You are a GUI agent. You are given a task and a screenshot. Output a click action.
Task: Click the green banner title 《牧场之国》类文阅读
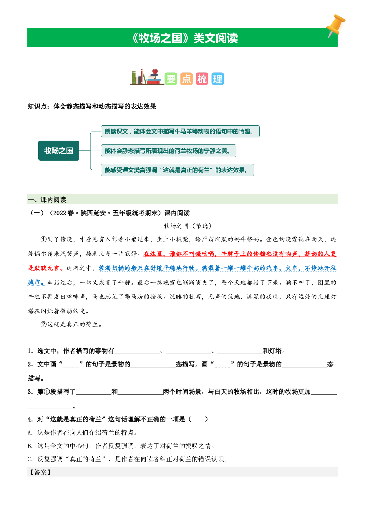click(185, 38)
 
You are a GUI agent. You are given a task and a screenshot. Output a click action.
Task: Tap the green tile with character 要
click(171, 79)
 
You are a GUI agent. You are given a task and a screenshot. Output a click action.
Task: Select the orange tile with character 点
click(186, 79)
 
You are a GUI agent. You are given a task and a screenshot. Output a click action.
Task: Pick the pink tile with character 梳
click(202, 79)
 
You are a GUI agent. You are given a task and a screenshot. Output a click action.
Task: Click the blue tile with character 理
click(218, 79)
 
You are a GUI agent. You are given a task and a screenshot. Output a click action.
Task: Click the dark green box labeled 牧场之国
click(59, 151)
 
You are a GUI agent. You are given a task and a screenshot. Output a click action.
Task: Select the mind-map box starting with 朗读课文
click(180, 132)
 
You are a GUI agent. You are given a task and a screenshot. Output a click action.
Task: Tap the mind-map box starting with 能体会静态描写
click(168, 151)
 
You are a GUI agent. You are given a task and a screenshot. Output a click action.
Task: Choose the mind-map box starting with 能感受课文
click(177, 170)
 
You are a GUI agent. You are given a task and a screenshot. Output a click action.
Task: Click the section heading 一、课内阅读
click(47, 200)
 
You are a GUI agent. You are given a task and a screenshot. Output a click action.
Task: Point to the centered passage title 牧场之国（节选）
click(188, 226)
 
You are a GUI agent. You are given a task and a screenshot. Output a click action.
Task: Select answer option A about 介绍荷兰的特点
click(82, 433)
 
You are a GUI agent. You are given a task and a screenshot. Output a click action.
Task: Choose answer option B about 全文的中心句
click(121, 446)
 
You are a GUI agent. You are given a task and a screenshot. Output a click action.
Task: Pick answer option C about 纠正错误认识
click(128, 459)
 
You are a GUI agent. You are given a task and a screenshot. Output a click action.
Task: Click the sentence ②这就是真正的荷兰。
click(72, 324)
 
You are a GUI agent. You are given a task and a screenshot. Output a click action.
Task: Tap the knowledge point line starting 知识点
click(92, 106)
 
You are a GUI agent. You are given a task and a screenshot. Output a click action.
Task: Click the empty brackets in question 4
click(198, 419)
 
